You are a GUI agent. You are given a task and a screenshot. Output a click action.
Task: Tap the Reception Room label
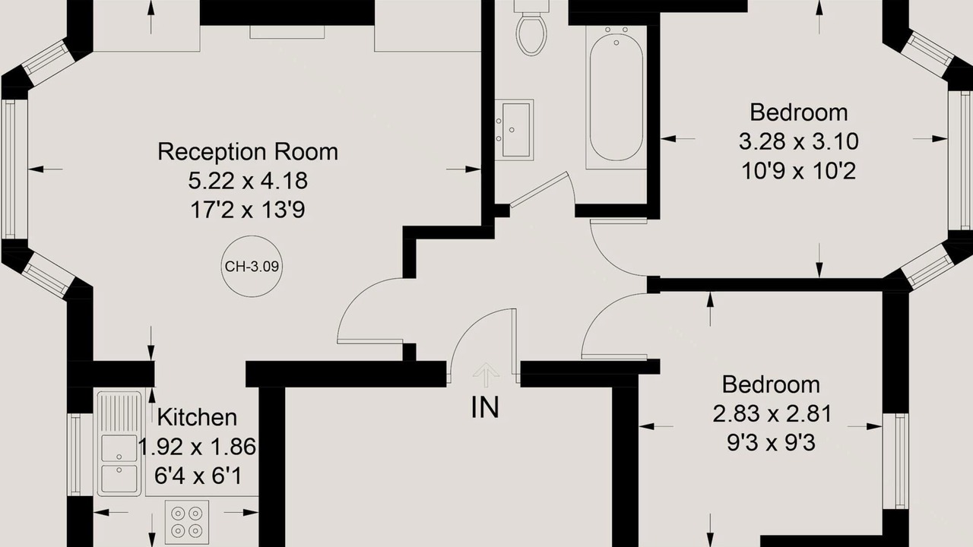pyautogui.click(x=248, y=151)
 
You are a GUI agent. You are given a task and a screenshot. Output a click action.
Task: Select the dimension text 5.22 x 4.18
pyautogui.click(x=248, y=181)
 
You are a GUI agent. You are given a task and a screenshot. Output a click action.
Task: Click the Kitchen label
pyautogui.click(x=197, y=417)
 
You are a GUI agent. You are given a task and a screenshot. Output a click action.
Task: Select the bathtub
pyautogui.click(x=616, y=96)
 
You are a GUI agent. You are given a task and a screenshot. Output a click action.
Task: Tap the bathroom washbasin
pyautogui.click(x=515, y=128)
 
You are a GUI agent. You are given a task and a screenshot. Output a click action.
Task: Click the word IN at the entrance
pyautogui.click(x=485, y=408)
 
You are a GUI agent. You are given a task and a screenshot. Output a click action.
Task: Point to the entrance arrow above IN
pyautogui.click(x=486, y=375)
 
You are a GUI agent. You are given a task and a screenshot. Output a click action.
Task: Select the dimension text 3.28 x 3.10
pyautogui.click(x=798, y=141)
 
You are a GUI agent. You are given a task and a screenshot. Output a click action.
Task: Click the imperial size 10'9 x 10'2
pyautogui.click(x=798, y=171)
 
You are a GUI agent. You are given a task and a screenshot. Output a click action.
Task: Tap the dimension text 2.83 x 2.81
pyautogui.click(x=772, y=414)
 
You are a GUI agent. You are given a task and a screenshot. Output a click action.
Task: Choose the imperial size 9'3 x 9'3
pyautogui.click(x=772, y=443)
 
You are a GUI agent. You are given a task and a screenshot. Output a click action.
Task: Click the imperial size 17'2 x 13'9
pyautogui.click(x=248, y=210)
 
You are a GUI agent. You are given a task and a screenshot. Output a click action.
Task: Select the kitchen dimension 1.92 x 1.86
pyautogui.click(x=197, y=447)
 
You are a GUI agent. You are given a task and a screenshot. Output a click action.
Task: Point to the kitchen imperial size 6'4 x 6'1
pyautogui.click(x=198, y=476)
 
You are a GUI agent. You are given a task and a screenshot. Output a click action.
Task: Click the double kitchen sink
pyautogui.click(x=119, y=443)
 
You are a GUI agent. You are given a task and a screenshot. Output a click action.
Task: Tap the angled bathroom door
pyautogui.click(x=539, y=190)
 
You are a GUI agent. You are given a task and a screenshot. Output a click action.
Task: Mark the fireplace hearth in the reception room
pyautogui.click(x=287, y=32)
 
